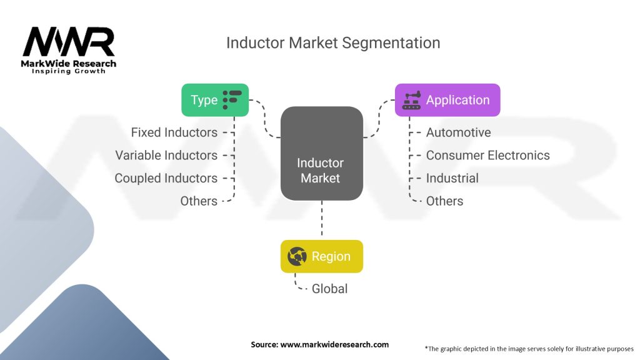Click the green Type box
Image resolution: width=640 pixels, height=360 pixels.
coord(215,100)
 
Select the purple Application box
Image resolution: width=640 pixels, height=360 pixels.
coord(447,100)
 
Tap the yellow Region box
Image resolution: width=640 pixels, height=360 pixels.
coord(322,256)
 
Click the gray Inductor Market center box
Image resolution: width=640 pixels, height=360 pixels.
coord(322,154)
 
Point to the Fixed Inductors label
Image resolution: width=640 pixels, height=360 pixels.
coord(174,132)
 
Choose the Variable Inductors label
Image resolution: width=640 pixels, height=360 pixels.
coord(166,155)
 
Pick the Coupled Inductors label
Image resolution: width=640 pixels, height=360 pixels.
coord(166,178)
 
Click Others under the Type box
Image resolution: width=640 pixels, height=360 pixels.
coord(199,201)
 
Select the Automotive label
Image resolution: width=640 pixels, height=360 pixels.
coord(458,132)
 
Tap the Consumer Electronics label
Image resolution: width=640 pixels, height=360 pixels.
coord(487,155)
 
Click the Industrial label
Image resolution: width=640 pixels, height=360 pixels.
coord(452,178)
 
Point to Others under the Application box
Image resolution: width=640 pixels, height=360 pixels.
coord(444,201)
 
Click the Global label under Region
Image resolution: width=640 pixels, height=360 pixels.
coord(329,289)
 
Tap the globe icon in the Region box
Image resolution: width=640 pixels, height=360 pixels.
coord(297,256)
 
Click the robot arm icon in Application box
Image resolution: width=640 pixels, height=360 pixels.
coord(411,100)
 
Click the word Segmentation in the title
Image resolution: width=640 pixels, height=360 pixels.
coord(391,43)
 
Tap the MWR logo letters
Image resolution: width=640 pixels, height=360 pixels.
coord(69,41)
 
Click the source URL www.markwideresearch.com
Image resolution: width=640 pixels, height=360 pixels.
coord(334,344)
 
